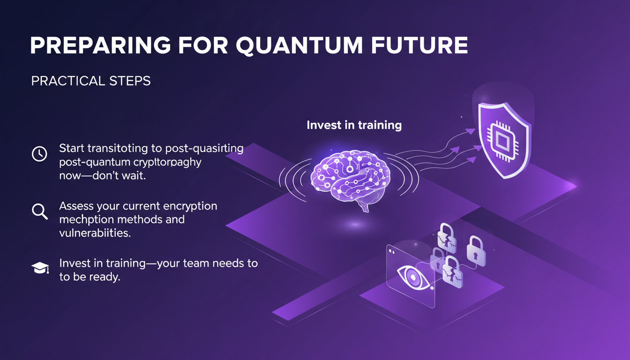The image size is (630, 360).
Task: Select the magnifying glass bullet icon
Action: point(39,211)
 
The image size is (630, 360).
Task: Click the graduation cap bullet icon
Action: point(39,268)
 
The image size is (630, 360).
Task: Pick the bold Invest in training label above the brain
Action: point(354,126)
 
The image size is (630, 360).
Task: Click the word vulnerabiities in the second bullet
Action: point(95,233)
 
